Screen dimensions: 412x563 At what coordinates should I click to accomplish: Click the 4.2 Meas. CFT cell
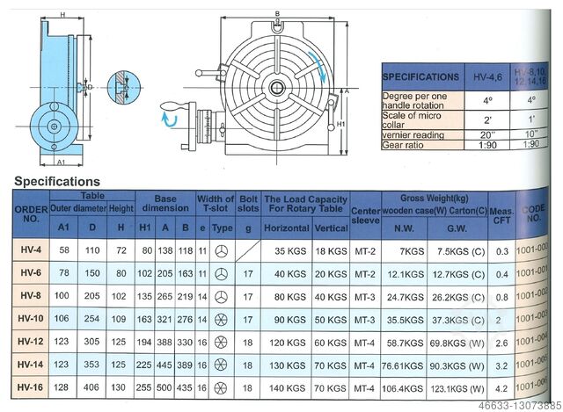pos(502,387)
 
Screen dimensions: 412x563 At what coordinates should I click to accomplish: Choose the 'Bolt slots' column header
pos(248,204)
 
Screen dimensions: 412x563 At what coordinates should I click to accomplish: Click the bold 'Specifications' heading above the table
pos(56,181)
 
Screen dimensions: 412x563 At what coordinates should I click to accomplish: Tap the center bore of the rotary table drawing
pos(276,88)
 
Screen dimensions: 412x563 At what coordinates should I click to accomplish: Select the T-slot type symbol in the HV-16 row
pos(223,387)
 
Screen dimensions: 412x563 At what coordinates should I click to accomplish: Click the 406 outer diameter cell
pos(92,387)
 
